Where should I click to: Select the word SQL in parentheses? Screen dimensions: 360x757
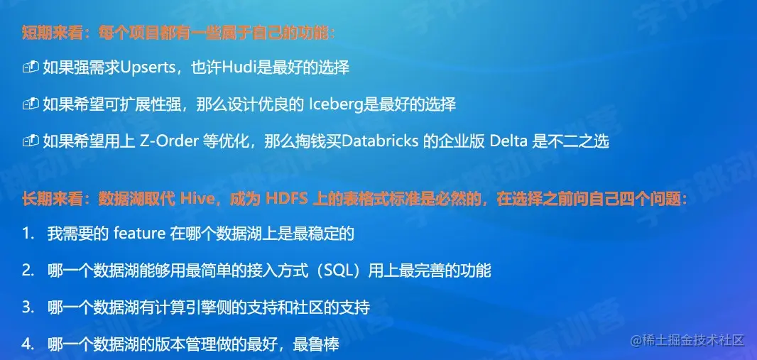(x=334, y=271)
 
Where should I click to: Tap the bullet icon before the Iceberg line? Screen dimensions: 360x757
(x=30, y=104)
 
